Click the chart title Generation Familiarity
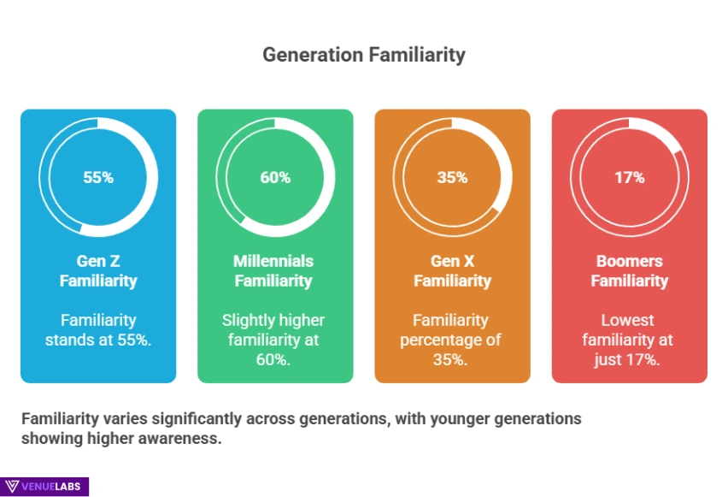point(363,55)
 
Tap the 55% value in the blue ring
point(98,178)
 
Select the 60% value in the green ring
point(275,178)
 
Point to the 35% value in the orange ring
point(452,178)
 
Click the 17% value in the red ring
point(629,178)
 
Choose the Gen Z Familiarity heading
point(98,270)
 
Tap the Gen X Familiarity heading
point(452,270)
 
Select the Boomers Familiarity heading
point(629,270)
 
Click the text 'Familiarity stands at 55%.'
point(98,329)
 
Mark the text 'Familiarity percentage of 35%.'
point(452,340)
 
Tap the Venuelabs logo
point(44,486)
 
